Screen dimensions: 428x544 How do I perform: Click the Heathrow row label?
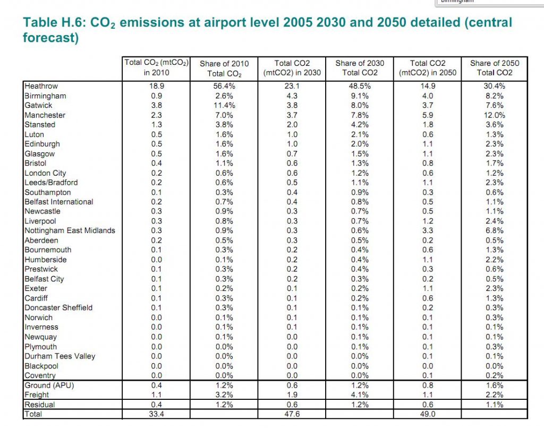[41, 86]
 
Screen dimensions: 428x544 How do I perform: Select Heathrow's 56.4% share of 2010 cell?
[224, 86]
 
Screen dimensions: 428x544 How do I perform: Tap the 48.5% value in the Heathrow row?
[360, 86]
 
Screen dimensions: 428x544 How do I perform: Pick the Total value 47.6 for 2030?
[292, 414]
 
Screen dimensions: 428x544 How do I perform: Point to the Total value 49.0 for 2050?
[428, 414]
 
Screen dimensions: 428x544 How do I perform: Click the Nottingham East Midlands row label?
[70, 230]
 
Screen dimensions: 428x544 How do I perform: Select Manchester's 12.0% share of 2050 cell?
[495, 115]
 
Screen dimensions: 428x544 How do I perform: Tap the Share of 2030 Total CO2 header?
[360, 67]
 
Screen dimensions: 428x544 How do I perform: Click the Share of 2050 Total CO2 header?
[495, 67]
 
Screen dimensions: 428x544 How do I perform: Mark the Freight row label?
[37, 395]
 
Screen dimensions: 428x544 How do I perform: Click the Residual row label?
[39, 404]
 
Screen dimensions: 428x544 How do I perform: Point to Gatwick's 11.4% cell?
[224, 105]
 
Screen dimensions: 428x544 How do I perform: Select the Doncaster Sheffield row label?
[58, 307]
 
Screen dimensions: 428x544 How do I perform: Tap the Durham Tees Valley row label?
[60, 356]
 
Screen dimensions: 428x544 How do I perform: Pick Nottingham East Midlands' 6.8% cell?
[495, 230]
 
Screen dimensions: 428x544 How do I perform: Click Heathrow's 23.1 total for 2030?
[292, 86]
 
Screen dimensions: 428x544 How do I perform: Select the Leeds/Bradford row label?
[51, 183]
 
